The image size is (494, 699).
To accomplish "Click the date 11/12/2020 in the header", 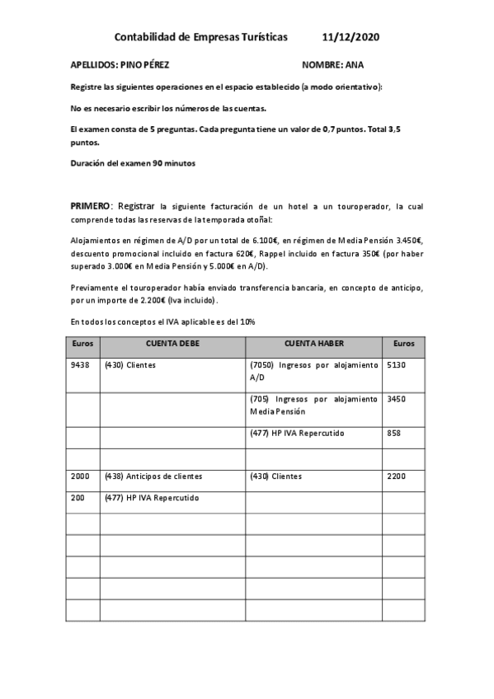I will pos(351,37).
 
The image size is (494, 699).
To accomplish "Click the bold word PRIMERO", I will pos(92,205).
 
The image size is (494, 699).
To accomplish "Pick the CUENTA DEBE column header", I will pos(173,342).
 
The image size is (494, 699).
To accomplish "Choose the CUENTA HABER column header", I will pos(313,342).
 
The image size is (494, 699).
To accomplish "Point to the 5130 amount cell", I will pos(398,364).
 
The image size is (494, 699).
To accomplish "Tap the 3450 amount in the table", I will pos(398,399).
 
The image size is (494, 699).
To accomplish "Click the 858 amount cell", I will pos(394,433).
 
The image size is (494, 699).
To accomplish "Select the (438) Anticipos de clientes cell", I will pos(153,476).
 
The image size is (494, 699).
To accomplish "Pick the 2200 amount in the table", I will pos(398,476).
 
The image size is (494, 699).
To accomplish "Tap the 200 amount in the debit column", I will pos(78,498).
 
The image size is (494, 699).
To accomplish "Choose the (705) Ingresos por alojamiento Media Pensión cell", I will pos(313,405).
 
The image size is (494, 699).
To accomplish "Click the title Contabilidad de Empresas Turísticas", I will pos(201,37).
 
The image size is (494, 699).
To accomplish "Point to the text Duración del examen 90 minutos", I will pos(134,163).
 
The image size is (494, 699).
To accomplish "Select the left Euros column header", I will pos(83,342).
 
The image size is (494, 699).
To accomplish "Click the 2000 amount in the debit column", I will pos(81,476).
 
